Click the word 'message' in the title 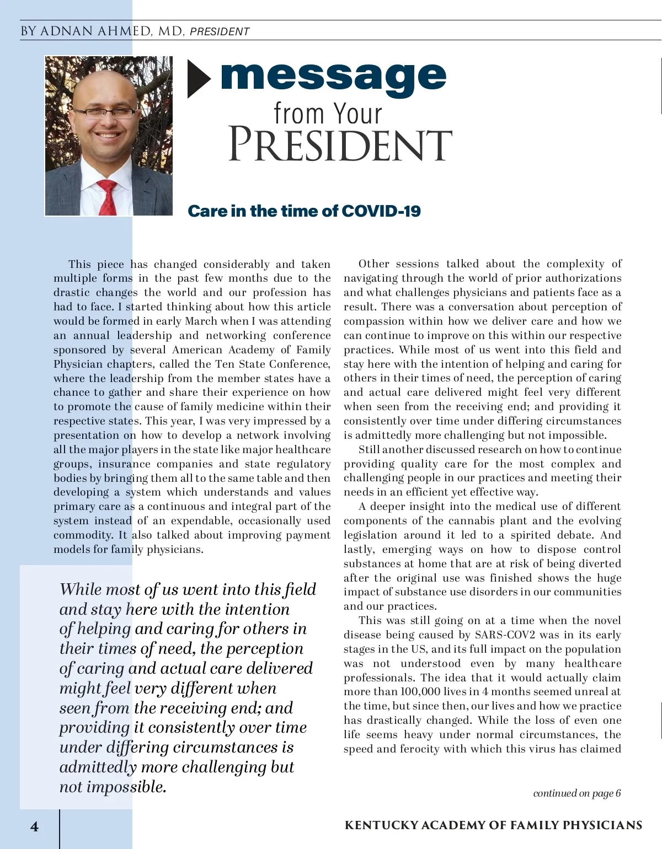click(333, 77)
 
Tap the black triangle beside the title click(199, 79)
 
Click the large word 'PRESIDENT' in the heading click(340, 145)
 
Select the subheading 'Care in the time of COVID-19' click(304, 211)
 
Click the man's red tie click(107, 196)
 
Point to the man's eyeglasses click(105, 113)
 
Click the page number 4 click(34, 826)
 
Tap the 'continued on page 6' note click(576, 793)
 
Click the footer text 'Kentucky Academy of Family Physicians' click(493, 825)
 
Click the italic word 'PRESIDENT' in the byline click(219, 32)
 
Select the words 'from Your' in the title click(328, 114)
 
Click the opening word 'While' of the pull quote click(81, 589)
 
